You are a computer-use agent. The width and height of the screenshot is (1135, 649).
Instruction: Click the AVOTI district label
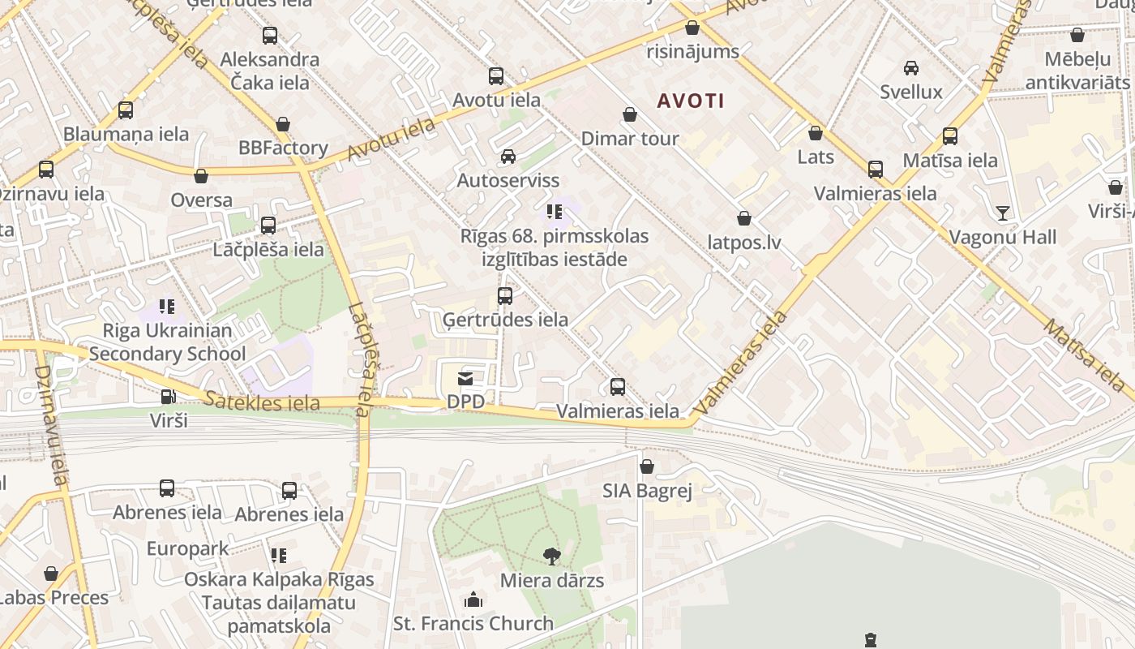click(x=691, y=101)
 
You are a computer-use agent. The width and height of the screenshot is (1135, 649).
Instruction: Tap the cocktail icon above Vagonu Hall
click(x=1003, y=213)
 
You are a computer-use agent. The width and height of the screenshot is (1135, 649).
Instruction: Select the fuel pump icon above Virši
click(x=168, y=397)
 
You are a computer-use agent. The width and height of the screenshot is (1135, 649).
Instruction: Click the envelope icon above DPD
click(x=465, y=378)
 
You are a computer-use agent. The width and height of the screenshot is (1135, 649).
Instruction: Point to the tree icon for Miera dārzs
click(x=552, y=557)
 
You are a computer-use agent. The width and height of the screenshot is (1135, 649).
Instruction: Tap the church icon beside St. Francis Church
click(x=473, y=600)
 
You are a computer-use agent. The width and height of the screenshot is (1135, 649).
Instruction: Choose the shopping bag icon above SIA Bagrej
click(x=647, y=466)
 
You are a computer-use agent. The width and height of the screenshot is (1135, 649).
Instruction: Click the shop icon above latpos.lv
click(x=744, y=218)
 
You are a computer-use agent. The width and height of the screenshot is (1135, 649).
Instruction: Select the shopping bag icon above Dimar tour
click(x=630, y=115)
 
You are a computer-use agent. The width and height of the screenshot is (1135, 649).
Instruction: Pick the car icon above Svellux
click(x=911, y=68)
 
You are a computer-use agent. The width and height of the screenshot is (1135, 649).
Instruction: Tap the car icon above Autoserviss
click(x=508, y=157)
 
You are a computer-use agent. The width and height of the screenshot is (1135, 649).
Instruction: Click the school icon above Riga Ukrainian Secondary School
click(x=167, y=307)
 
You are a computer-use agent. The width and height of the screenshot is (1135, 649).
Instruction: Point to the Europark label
click(x=188, y=549)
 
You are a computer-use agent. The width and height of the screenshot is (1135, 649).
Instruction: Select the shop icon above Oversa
click(x=201, y=176)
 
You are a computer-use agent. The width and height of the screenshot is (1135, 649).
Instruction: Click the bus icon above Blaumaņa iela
click(x=126, y=110)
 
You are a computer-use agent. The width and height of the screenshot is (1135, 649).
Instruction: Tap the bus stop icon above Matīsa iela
click(x=950, y=136)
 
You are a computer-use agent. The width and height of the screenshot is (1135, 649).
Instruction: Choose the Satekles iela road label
click(x=251, y=402)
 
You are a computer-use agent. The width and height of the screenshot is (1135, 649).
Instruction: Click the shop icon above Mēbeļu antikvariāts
click(x=1077, y=36)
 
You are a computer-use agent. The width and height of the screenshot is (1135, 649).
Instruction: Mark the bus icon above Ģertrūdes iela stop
click(x=505, y=296)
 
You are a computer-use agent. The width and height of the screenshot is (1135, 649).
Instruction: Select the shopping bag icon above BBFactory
click(x=283, y=124)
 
